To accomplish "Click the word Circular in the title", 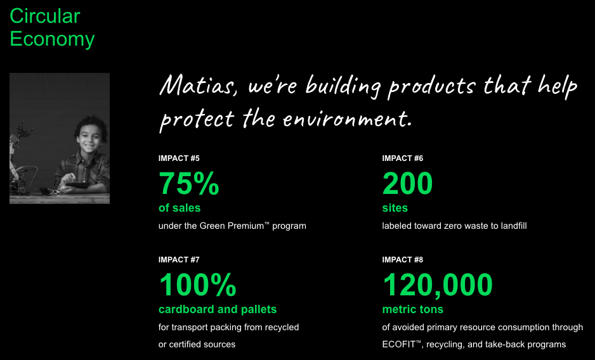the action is point(45,16).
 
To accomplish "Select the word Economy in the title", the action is point(52,39).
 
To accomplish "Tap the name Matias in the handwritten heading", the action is point(198,85).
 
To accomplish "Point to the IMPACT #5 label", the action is point(179,158).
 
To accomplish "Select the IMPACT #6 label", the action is point(402,158).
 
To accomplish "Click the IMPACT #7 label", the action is point(179,259).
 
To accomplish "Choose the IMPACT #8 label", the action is point(402,259).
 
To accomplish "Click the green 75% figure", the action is point(189,183).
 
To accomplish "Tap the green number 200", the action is point(407,183).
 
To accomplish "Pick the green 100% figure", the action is point(198,285).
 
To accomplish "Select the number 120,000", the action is point(438,285).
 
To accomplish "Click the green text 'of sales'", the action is point(180,208).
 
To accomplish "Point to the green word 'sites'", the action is point(395,208).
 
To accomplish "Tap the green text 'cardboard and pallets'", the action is point(218,309).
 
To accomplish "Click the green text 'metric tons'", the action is point(412,309).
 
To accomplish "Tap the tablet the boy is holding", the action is point(78,186).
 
